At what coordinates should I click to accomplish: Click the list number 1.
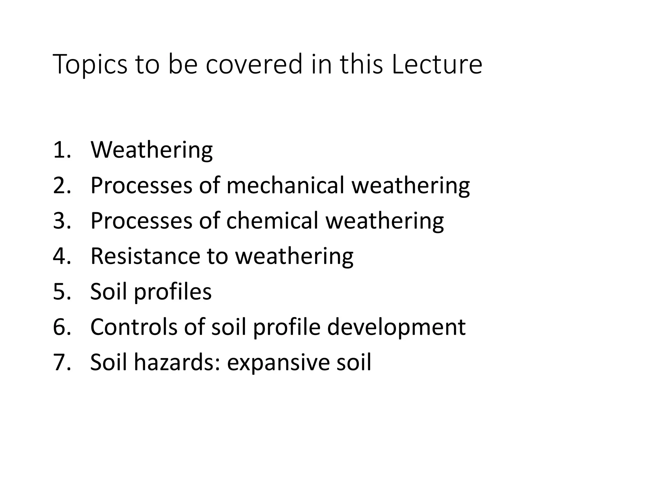tap(62, 150)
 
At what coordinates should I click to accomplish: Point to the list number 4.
tap(62, 256)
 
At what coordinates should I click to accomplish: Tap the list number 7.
tap(62, 362)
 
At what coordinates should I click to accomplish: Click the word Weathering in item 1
tap(152, 150)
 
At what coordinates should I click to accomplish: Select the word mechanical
tap(285, 186)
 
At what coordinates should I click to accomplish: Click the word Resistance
tap(145, 256)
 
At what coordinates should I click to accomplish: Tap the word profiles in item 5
tap(173, 292)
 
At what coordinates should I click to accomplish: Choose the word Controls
tap(134, 327)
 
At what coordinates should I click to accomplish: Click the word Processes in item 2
tap(141, 186)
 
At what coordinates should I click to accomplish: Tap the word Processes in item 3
tap(141, 221)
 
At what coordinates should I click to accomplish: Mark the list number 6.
tap(62, 327)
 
